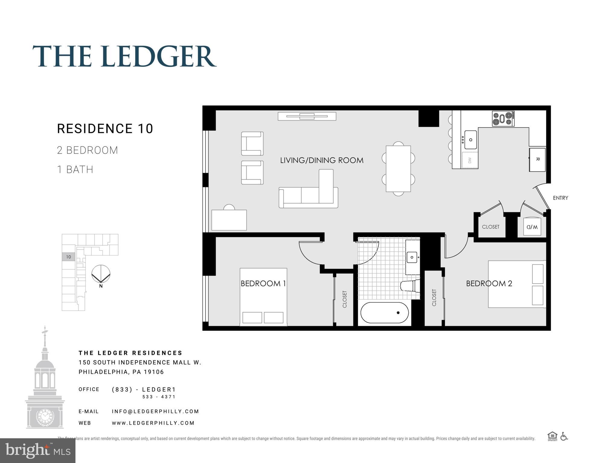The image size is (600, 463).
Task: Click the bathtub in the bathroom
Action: tap(385, 313)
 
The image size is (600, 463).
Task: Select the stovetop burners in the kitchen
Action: tap(503, 118)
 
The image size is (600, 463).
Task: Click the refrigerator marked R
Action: tap(537, 160)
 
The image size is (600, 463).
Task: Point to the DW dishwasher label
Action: tap(470, 160)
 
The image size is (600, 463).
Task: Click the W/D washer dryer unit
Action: tap(532, 227)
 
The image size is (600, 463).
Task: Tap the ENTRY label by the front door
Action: tap(560, 198)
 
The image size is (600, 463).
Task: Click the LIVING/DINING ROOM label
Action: tap(322, 160)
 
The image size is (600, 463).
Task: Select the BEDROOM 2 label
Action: tap(489, 283)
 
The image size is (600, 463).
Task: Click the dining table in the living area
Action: tap(398, 169)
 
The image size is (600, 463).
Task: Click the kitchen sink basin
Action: tap(471, 140)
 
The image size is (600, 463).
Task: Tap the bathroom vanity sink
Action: tap(412, 257)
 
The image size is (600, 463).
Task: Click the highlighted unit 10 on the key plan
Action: tap(69, 257)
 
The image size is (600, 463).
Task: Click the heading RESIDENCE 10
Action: tap(105, 129)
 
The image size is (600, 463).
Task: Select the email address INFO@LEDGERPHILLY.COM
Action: tap(155, 411)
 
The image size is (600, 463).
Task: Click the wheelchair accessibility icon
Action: tap(564, 436)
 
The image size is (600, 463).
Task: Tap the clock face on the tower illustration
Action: tap(45, 416)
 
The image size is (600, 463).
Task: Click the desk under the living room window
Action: tap(229, 220)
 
